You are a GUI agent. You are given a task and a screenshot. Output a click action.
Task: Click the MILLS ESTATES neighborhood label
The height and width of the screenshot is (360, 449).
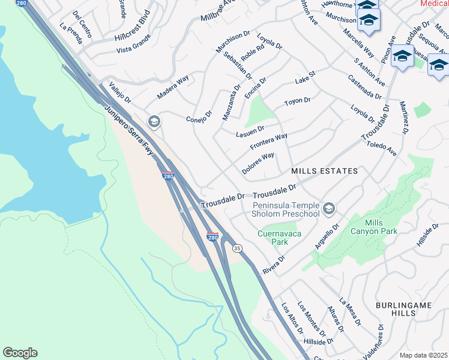click(324, 171)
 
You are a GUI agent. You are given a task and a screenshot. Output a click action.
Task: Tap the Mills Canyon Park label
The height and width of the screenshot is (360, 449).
click(381, 227)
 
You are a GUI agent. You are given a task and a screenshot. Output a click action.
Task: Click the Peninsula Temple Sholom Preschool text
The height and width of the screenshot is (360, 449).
click(285, 209)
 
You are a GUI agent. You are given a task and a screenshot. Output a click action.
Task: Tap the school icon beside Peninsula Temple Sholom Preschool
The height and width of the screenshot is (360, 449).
click(328, 209)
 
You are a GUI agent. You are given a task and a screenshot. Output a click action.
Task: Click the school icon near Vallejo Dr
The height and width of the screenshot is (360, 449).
click(154, 122)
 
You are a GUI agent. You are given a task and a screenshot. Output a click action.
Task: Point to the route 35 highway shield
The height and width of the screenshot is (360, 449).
click(237, 247)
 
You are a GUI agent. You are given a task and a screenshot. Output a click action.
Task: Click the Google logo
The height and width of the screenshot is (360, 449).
click(20, 353)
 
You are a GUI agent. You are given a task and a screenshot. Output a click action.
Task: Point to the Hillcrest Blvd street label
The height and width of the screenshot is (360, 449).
click(131, 28)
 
